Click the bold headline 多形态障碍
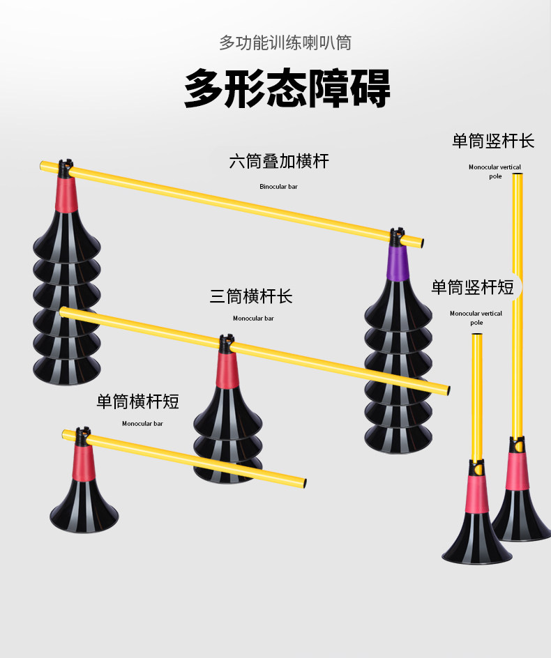click(287, 88)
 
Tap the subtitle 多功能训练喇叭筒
click(285, 43)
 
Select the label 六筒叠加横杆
click(279, 162)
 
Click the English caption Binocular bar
click(278, 187)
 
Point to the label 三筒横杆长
click(251, 296)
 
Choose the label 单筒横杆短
click(138, 401)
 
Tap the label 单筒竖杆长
click(493, 141)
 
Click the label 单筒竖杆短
click(472, 287)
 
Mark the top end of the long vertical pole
click(518, 177)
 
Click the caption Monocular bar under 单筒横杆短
click(142, 423)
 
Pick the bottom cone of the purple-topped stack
click(399, 437)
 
